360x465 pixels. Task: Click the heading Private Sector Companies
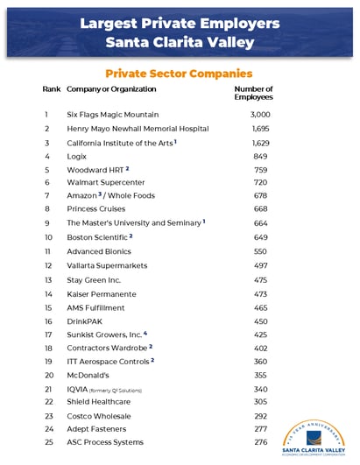coord(179,74)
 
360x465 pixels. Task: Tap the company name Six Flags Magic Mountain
coord(113,115)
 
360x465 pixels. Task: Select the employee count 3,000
coord(260,115)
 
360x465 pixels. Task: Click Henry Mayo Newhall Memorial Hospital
coord(138,129)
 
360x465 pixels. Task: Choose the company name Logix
coord(77,157)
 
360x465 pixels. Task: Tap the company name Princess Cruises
coord(96,209)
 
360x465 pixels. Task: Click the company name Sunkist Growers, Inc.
coord(106,335)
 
